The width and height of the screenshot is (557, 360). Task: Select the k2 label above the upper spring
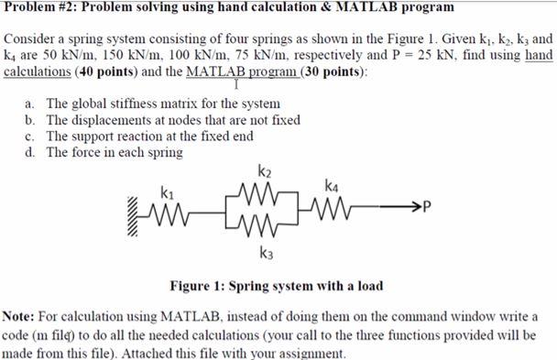(265, 171)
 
